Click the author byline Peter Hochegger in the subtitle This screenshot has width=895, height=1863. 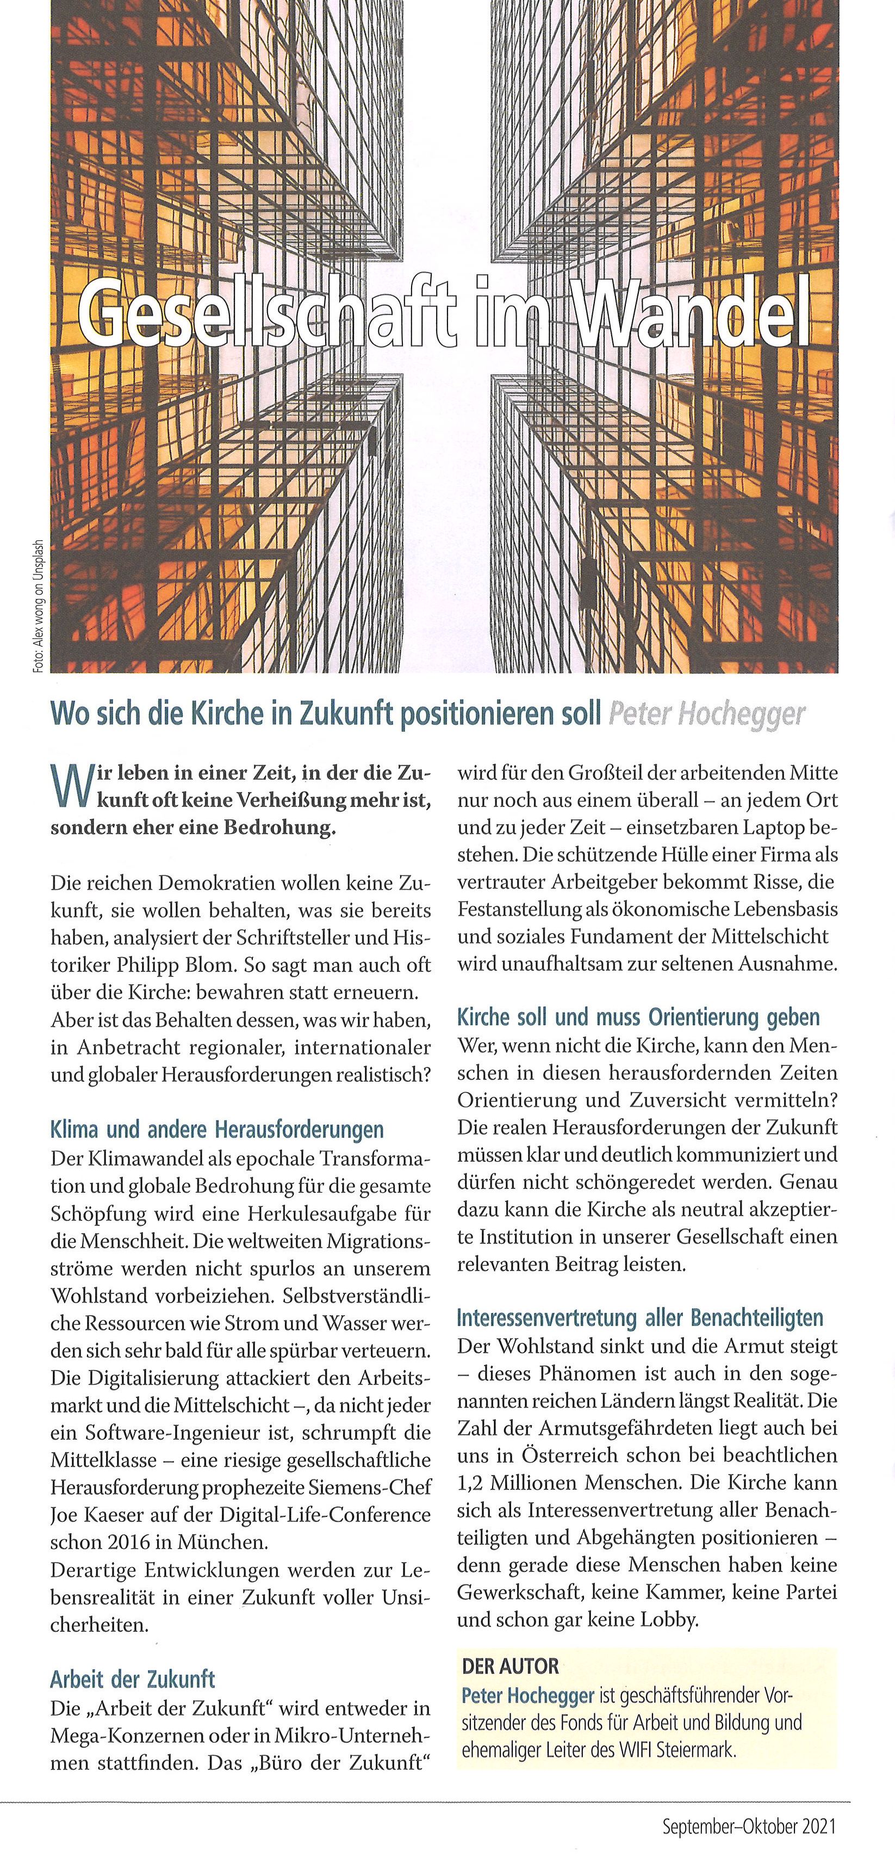(x=706, y=714)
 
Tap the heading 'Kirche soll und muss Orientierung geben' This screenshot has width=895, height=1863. (x=638, y=1017)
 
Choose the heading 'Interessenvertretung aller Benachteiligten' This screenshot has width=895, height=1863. (x=640, y=1317)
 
